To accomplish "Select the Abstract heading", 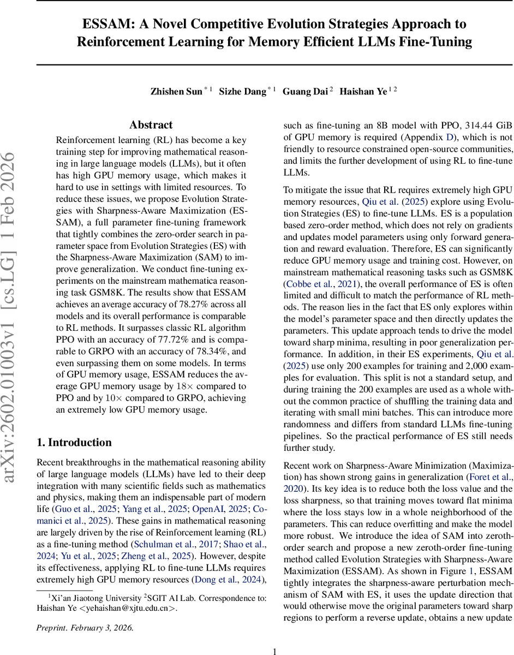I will tap(151, 125).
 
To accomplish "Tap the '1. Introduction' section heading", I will tap(74, 443).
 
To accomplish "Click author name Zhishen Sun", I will tap(176, 91).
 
